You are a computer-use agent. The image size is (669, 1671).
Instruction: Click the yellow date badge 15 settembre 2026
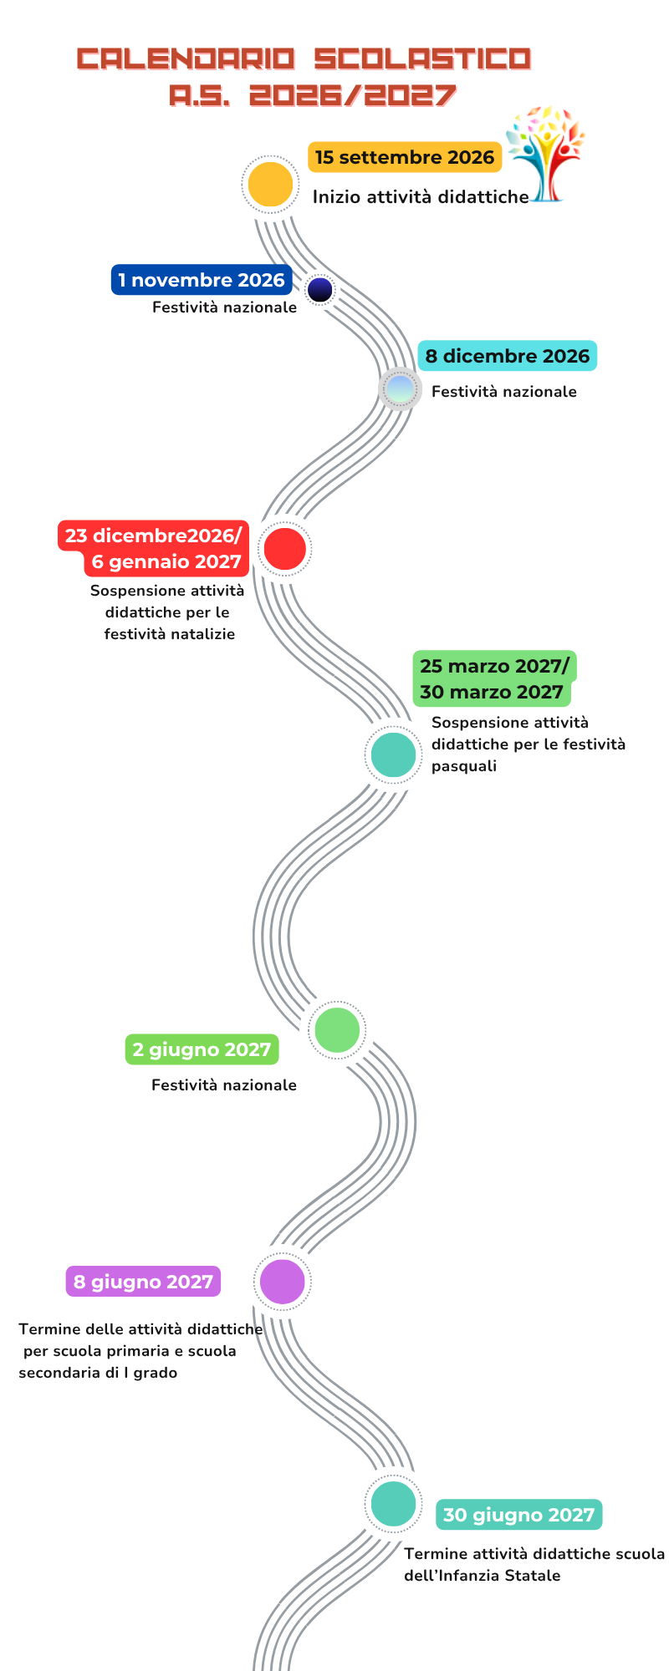click(405, 157)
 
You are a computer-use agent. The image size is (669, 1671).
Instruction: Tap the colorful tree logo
click(545, 155)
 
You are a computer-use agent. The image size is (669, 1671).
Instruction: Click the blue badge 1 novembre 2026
click(202, 280)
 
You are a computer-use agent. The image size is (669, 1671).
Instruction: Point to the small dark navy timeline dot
click(320, 290)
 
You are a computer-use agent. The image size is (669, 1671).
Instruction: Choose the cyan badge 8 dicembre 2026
click(508, 356)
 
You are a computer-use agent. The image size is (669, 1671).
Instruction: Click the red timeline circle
click(284, 549)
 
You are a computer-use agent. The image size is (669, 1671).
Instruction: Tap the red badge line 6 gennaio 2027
click(166, 562)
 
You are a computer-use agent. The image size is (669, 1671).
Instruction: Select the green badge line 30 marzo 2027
click(492, 693)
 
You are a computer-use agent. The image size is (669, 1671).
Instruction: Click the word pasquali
click(464, 767)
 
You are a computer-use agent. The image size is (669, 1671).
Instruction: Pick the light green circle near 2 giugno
click(337, 1029)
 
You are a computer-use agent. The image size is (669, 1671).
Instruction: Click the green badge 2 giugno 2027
click(202, 1049)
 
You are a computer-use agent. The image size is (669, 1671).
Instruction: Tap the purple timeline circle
click(283, 1282)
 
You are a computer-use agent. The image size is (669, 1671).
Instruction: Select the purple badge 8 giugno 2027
click(143, 1282)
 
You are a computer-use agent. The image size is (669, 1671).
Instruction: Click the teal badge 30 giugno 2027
click(518, 1515)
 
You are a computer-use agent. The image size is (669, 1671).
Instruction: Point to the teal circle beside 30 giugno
click(393, 1503)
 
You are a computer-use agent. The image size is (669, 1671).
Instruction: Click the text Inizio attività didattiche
click(421, 197)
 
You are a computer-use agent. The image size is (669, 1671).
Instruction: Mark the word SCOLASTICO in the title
click(423, 58)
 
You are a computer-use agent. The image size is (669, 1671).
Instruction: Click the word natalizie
click(202, 634)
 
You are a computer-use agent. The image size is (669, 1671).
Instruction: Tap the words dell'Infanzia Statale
click(483, 1576)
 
